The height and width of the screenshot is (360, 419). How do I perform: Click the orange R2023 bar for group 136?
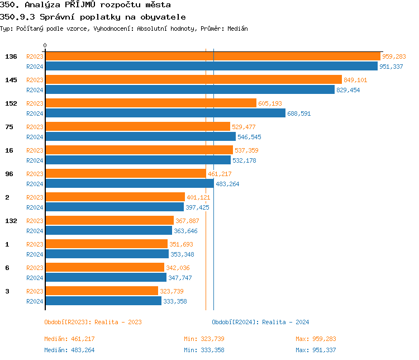212,56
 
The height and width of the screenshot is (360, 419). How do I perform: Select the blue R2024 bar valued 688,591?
165,113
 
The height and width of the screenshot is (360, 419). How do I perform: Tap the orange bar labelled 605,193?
150,103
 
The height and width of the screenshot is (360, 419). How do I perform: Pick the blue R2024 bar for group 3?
103,301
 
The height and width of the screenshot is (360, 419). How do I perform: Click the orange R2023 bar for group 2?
115,197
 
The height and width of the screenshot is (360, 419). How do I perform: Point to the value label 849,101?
355,80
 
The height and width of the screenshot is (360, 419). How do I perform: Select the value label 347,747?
180,278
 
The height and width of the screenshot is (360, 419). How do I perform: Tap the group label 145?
11,80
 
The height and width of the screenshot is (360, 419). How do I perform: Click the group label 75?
9,127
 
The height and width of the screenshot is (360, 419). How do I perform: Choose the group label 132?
11,221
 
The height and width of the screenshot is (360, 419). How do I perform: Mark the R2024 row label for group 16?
35,160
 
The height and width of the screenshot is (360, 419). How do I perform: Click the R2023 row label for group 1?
35,244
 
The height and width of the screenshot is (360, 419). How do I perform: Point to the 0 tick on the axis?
45,45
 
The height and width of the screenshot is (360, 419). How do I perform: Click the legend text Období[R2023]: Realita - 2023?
93,322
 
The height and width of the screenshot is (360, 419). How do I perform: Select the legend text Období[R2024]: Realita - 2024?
260,322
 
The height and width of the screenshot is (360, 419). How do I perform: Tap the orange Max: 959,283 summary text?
316,339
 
